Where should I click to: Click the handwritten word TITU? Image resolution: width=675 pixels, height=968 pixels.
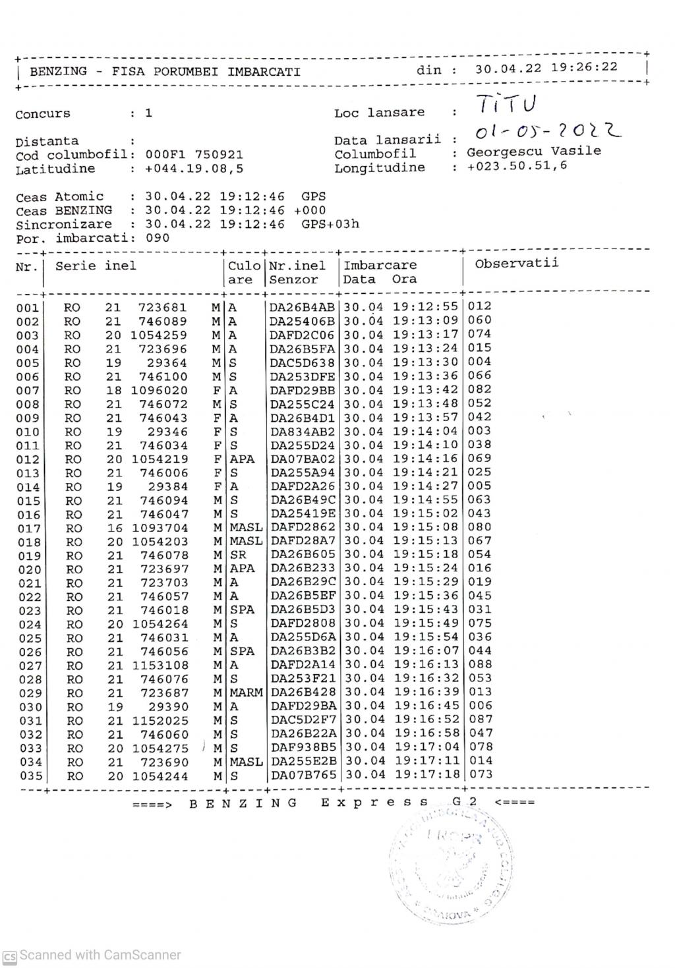pyautogui.click(x=507, y=105)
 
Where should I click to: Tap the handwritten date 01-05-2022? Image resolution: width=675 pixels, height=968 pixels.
pyautogui.click(x=548, y=130)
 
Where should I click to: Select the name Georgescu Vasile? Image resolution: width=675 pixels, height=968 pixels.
pyautogui.click(x=534, y=152)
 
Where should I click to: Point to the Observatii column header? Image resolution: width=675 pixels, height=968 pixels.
pyautogui.click(x=516, y=264)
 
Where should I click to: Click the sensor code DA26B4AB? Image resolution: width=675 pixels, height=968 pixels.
pyautogui.click(x=303, y=307)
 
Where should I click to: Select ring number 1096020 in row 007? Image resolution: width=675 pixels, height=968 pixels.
pyautogui.click(x=160, y=390)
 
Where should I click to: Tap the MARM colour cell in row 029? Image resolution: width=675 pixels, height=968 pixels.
pyautogui.click(x=246, y=693)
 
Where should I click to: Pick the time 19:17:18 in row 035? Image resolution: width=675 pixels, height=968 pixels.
pyautogui.click(x=426, y=775)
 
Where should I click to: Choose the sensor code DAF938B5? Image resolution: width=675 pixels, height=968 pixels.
pyautogui.click(x=303, y=747)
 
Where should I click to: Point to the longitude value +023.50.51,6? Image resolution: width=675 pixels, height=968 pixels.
pyautogui.click(x=517, y=166)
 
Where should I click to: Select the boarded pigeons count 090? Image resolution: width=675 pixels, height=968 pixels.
pyautogui.click(x=158, y=238)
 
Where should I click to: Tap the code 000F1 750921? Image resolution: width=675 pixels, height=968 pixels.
pyautogui.click(x=194, y=156)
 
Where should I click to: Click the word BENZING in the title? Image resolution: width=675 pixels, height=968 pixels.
pyautogui.click(x=58, y=71)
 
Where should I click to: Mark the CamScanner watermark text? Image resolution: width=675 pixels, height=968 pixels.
pyautogui.click(x=100, y=955)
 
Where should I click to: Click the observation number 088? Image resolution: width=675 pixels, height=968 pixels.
pyautogui.click(x=479, y=665)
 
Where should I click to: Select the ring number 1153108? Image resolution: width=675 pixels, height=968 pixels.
pyautogui.click(x=160, y=666)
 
